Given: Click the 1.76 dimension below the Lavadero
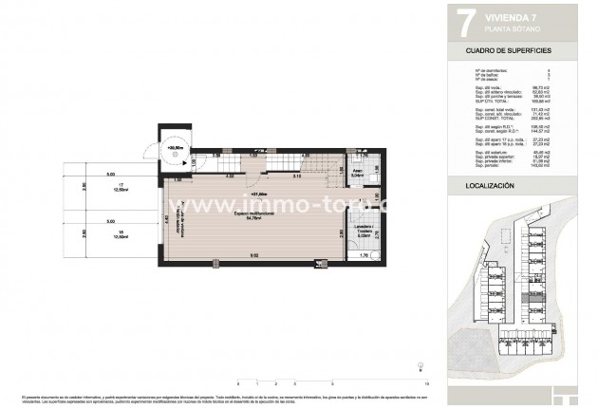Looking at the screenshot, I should click(365, 256).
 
